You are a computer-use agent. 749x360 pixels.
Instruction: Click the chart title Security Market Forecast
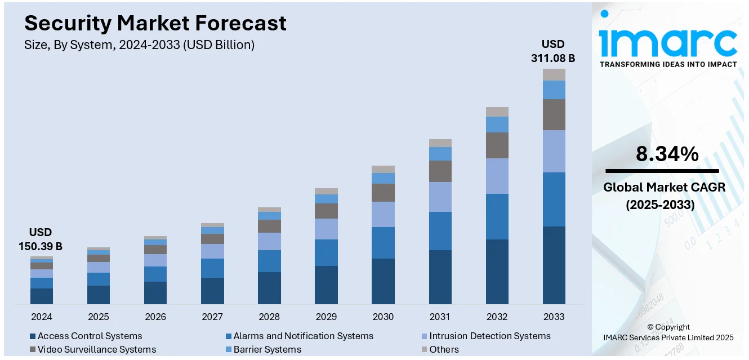click(155, 23)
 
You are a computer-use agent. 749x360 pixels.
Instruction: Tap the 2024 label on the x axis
click(42, 317)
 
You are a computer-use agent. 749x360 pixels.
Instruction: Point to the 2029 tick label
click(326, 317)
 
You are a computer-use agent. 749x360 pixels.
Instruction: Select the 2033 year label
click(554, 317)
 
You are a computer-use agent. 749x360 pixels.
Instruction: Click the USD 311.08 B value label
click(553, 51)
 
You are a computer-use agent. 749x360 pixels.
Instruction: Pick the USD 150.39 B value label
click(41, 239)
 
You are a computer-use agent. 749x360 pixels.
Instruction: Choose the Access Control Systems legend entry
click(90, 336)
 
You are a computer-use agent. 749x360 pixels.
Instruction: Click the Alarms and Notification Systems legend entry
click(303, 336)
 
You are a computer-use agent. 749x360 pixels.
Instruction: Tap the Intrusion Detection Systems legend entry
click(489, 336)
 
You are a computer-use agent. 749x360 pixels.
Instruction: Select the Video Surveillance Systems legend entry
click(96, 350)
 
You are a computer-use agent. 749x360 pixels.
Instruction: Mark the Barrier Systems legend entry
click(267, 350)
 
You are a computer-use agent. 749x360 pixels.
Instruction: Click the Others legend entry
click(444, 350)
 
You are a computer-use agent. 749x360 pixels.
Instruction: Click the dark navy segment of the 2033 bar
click(554, 265)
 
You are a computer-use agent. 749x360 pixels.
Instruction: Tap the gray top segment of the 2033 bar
click(554, 74)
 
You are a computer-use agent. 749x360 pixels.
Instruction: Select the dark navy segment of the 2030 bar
click(383, 281)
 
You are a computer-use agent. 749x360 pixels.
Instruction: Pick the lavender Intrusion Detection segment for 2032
click(497, 176)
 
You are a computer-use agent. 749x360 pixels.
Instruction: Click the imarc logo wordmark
click(668, 41)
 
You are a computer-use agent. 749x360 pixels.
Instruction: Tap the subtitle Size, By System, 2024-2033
click(140, 45)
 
